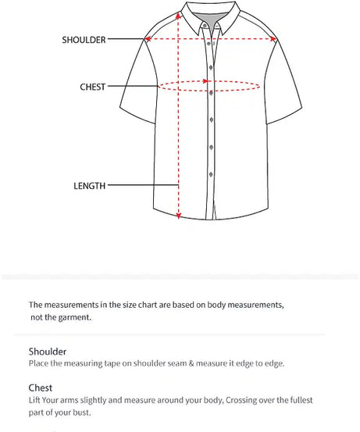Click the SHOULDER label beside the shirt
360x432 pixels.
(84, 39)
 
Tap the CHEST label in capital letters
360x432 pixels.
(92, 87)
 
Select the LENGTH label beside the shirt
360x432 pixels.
(89, 186)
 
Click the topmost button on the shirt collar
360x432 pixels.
(205, 26)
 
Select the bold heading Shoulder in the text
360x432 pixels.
(48, 352)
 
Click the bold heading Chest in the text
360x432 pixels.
(41, 387)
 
